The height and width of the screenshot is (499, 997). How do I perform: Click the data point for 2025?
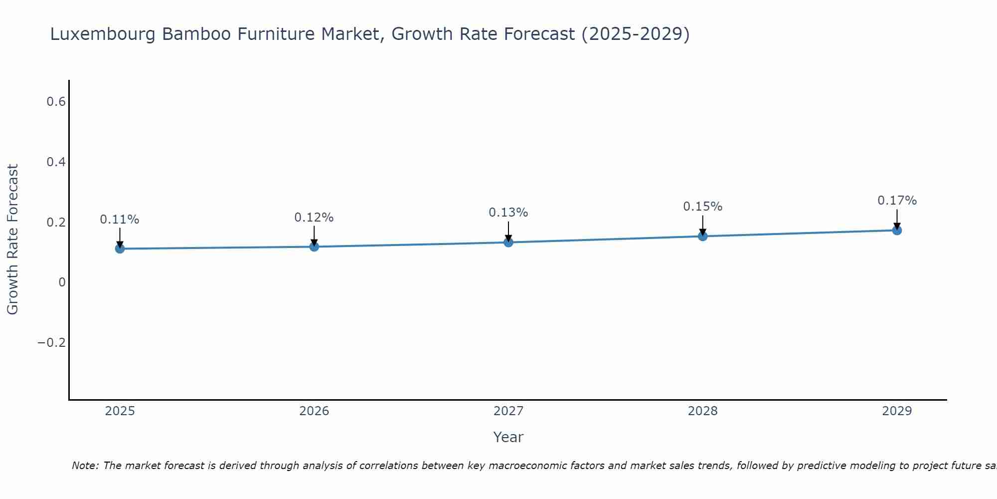(x=120, y=249)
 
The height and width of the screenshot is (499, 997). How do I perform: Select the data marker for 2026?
(x=314, y=247)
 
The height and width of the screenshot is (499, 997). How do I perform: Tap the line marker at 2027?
(x=508, y=243)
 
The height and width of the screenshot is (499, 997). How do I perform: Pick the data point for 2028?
(x=702, y=236)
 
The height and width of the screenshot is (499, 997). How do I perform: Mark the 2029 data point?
(x=897, y=230)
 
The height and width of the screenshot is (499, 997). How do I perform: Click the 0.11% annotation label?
(x=120, y=220)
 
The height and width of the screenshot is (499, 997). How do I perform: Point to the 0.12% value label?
(x=314, y=218)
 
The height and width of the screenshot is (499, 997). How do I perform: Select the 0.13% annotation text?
(x=508, y=213)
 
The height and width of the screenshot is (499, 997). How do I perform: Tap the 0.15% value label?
(x=702, y=207)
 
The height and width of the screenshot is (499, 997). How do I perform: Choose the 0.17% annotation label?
(x=897, y=201)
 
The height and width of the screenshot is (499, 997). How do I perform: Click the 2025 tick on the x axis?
(x=120, y=411)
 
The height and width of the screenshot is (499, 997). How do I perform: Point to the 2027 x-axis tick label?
(x=508, y=411)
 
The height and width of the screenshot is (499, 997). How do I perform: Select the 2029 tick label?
(x=897, y=411)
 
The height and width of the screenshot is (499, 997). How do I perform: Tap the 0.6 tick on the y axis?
(x=56, y=102)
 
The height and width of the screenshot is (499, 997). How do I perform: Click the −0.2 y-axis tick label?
(x=51, y=342)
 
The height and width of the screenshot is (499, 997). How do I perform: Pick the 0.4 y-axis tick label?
(x=56, y=162)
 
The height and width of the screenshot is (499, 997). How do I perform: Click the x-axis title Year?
(x=508, y=437)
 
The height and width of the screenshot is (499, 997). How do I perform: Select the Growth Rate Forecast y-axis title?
(x=12, y=240)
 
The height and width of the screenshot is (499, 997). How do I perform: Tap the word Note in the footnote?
(x=85, y=466)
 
